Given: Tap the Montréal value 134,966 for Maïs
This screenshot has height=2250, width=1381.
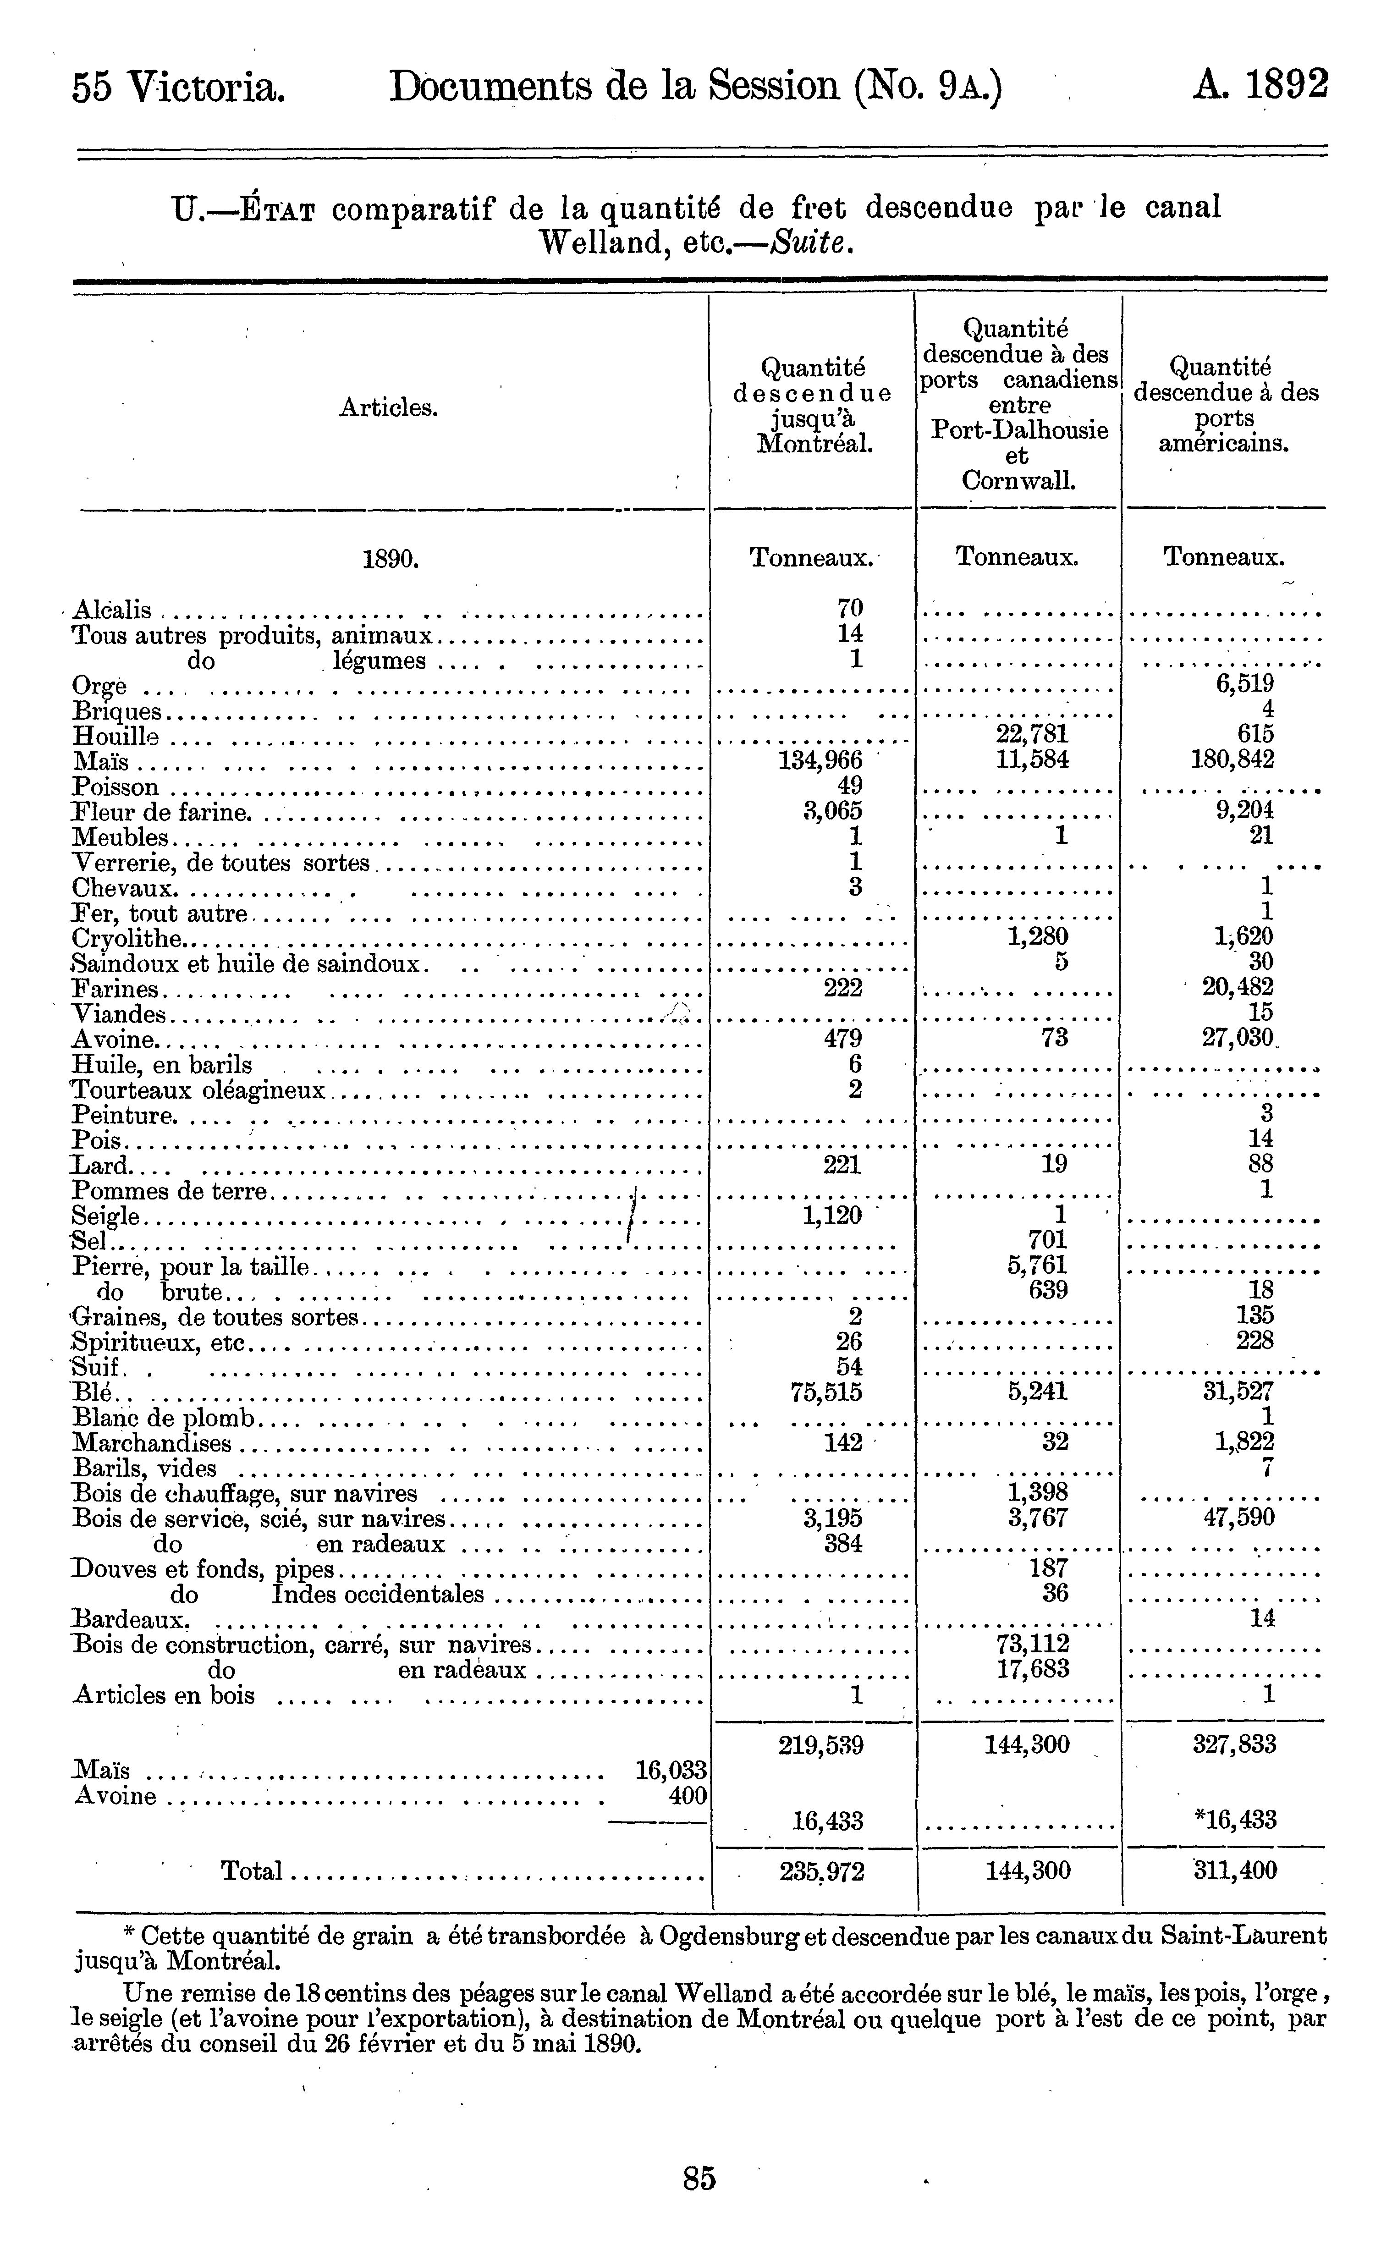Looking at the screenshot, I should click(820, 760).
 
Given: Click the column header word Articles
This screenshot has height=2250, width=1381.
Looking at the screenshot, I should click(388, 408).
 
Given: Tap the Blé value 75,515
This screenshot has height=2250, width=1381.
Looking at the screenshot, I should click(825, 1392).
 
